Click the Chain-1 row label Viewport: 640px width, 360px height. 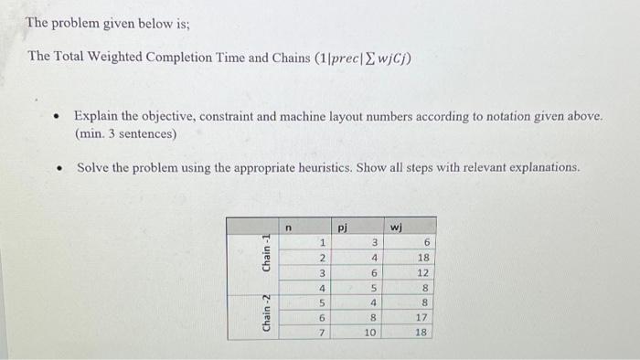pyautogui.click(x=266, y=251)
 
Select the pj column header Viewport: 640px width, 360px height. pyautogui.click(x=342, y=224)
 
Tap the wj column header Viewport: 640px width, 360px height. pyautogui.click(x=396, y=224)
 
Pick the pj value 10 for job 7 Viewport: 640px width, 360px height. pyautogui.click(x=368, y=333)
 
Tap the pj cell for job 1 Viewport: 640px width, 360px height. pyautogui.click(x=373, y=242)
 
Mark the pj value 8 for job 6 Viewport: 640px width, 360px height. pyautogui.click(x=373, y=318)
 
